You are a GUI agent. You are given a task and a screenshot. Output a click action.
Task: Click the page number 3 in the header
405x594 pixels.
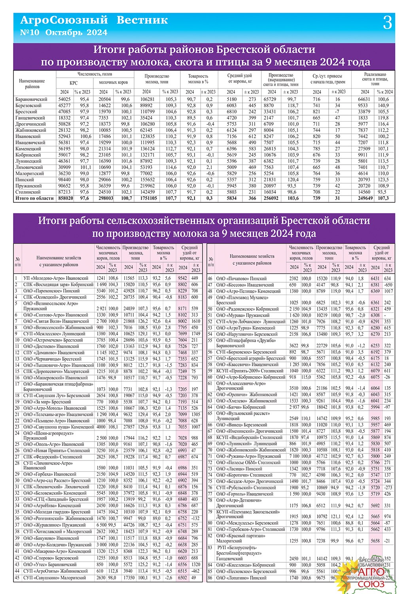387,23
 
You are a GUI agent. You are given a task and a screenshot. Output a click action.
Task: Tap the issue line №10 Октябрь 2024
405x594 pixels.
63,32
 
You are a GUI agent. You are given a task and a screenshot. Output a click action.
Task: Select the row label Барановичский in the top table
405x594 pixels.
31,99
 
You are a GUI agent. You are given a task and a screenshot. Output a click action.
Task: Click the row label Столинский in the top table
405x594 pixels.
28,192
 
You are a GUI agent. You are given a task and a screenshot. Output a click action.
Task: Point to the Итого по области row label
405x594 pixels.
34,198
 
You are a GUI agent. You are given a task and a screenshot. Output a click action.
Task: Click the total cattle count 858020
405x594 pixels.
64,198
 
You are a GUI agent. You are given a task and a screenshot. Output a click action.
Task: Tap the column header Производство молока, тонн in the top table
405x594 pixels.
157,79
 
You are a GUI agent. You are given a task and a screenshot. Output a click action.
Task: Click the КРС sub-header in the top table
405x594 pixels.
74,83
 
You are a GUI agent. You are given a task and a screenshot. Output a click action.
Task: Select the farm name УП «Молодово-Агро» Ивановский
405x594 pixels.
56,278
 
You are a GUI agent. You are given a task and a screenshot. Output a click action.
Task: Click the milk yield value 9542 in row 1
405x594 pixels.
182,278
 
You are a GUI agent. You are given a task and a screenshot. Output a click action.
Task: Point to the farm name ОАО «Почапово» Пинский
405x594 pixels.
242,278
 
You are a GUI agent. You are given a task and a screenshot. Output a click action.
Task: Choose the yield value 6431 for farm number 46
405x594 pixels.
375,278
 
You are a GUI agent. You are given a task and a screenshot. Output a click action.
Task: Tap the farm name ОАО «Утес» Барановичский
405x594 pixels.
50,565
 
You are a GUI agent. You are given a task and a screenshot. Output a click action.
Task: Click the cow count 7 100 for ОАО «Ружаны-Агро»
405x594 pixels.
294,456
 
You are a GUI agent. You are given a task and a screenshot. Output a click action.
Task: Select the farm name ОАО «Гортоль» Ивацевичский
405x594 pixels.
245,494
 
